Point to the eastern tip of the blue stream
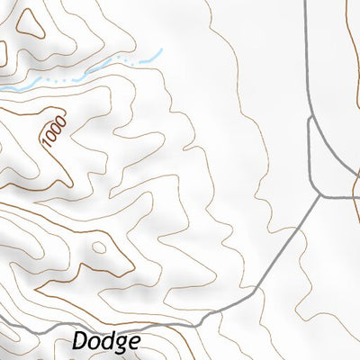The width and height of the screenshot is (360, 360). point(161,50)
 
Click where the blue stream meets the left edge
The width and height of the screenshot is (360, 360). point(2,89)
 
